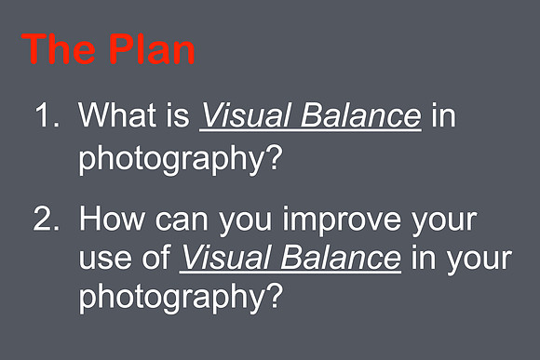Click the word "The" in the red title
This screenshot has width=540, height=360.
pos(59,48)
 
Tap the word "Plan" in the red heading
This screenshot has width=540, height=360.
pos(152,48)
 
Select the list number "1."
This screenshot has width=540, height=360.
pos(47,115)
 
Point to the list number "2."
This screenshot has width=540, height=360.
pos(47,218)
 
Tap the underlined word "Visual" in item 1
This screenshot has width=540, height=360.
pos(245,115)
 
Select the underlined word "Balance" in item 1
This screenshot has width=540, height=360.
pos(360,115)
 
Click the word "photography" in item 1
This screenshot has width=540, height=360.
pos(171,158)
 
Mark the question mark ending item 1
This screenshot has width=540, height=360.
pos(275,156)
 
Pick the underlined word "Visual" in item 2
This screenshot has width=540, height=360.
pos(224,257)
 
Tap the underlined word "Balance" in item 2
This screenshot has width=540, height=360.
pos(341,257)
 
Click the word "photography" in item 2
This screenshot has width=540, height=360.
pos(171,296)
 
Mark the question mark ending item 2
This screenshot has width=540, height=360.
pos(275,294)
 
